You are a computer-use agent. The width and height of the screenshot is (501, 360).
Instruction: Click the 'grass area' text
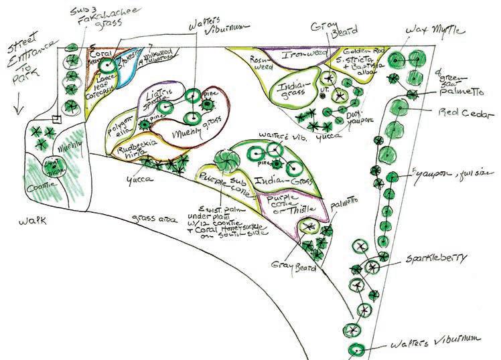[155, 218]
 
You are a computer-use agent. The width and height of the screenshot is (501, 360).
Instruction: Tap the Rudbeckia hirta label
[135, 155]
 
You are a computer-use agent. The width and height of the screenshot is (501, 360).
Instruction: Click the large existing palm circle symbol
[224, 161]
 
